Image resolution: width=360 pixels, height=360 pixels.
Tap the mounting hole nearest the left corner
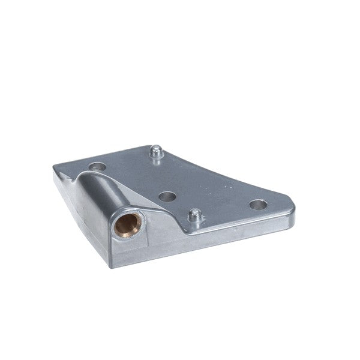tap(97, 167)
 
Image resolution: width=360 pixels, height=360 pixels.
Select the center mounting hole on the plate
tap(167, 196)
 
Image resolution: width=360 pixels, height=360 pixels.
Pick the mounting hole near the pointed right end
tap(258, 205)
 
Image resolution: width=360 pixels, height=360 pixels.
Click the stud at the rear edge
tap(157, 152)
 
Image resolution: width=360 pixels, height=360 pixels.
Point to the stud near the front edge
tap(194, 216)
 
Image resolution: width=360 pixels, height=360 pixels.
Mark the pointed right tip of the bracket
tap(293, 208)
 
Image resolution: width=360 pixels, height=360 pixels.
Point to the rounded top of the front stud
tap(194, 212)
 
